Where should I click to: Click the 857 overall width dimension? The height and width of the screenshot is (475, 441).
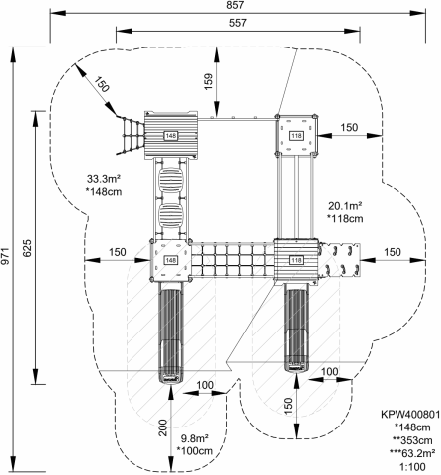235,5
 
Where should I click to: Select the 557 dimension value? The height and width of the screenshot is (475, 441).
238,23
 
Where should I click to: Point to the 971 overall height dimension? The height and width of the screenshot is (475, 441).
5,256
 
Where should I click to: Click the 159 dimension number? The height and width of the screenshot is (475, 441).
209,81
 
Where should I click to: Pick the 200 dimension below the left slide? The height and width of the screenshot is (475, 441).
163,427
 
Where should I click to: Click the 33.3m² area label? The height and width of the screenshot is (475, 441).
104,179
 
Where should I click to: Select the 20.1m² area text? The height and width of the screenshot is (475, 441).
345,206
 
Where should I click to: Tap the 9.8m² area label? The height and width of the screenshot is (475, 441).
195,438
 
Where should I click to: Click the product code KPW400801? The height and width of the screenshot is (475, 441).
410,415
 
